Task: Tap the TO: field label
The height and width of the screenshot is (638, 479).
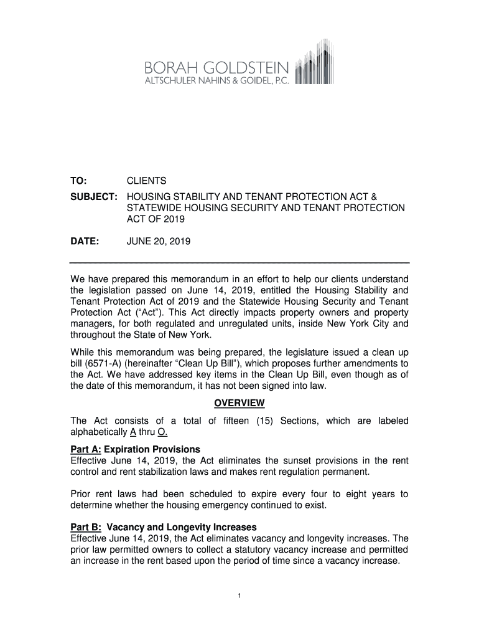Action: (81, 181)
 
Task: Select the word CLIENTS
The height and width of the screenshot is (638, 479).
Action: (147, 181)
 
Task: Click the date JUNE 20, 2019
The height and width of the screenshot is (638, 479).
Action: (159, 241)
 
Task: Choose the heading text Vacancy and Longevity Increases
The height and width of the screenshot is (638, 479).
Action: (182, 527)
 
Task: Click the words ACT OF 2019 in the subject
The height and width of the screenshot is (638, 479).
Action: (156, 219)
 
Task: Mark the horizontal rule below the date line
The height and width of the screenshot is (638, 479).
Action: (240, 263)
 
